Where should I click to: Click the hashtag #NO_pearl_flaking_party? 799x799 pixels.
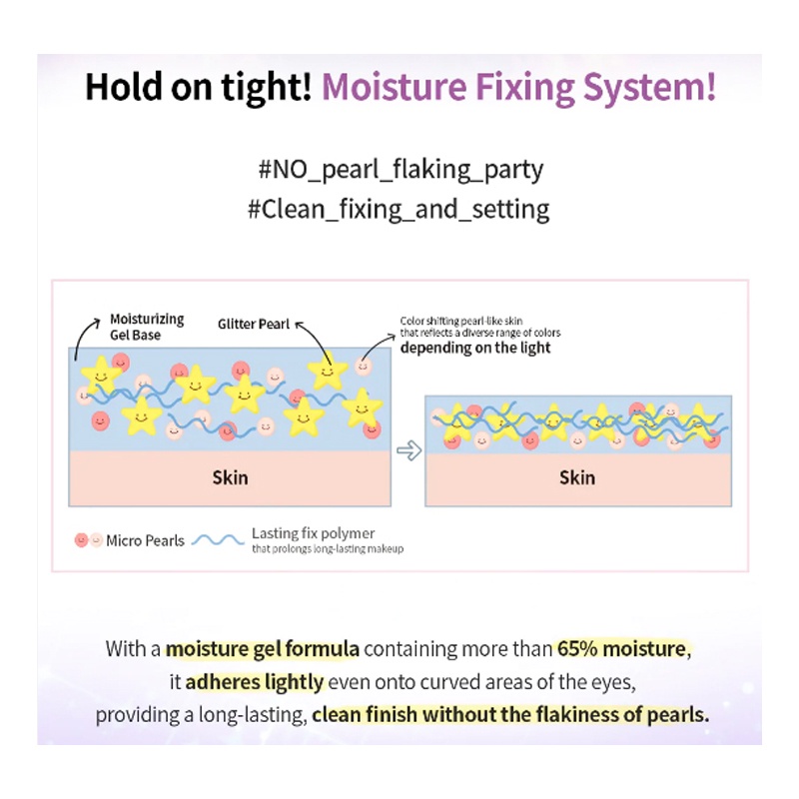pyautogui.click(x=399, y=169)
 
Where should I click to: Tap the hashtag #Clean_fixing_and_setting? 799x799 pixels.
pyautogui.click(x=399, y=210)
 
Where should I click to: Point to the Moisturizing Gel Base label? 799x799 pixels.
pyautogui.click(x=147, y=327)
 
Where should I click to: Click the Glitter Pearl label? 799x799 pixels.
pyautogui.click(x=254, y=324)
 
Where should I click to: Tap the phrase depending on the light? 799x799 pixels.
pyautogui.click(x=475, y=349)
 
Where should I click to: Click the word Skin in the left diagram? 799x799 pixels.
pyautogui.click(x=230, y=477)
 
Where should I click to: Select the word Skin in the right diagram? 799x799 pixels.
pyautogui.click(x=577, y=477)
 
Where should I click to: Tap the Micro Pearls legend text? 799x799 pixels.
pyautogui.click(x=145, y=540)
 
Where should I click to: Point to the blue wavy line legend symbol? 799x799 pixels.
pyautogui.click(x=218, y=540)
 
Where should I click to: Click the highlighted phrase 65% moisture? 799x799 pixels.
pyautogui.click(x=621, y=649)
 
